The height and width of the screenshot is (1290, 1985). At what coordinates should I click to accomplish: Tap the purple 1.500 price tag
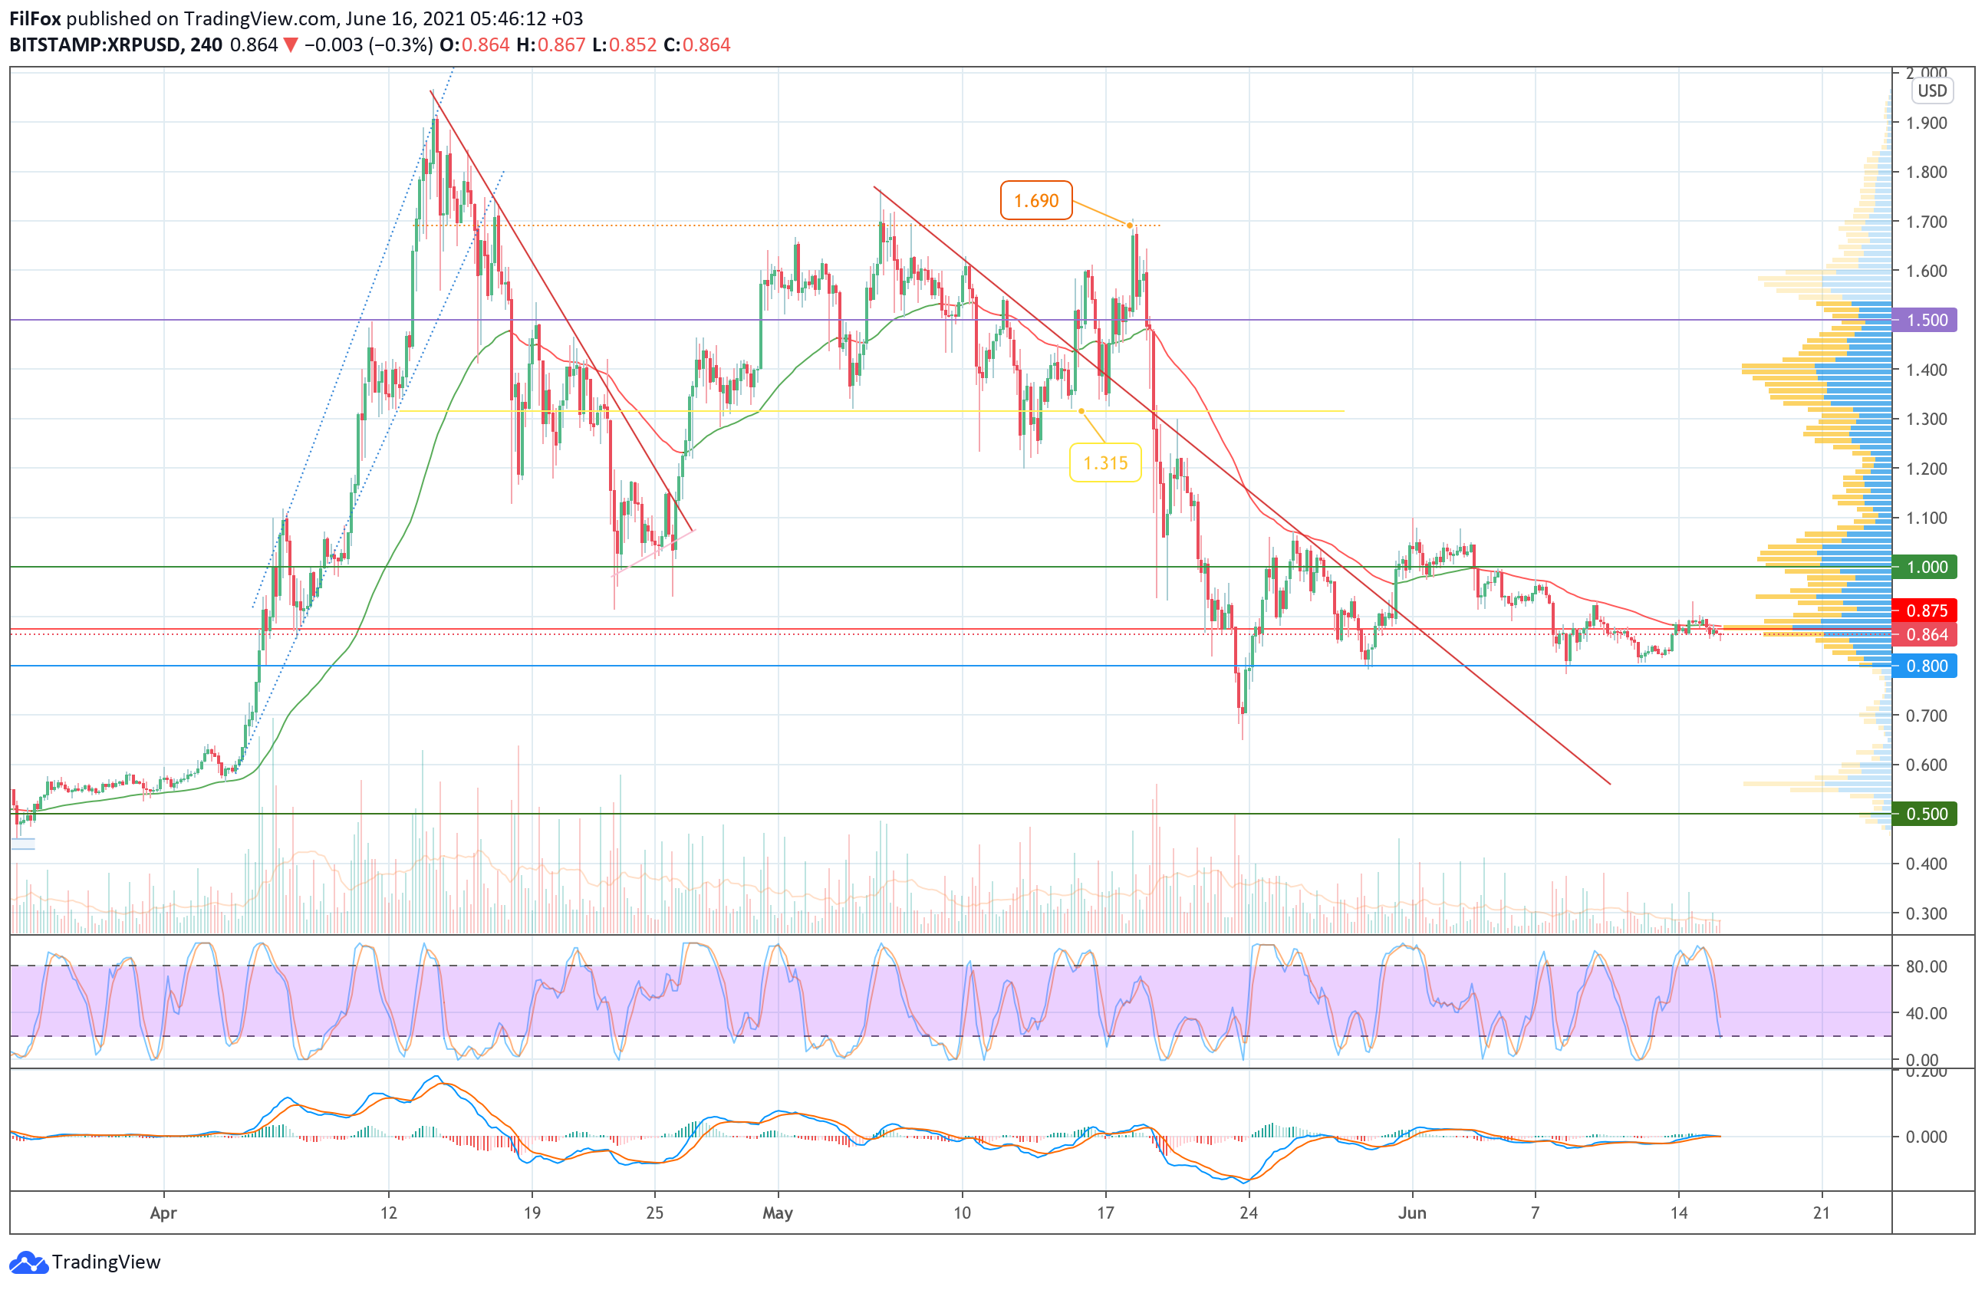(1926, 321)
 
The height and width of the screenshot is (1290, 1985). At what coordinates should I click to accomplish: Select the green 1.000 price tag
(1926, 567)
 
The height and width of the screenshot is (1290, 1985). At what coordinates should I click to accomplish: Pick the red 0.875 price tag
(1926, 610)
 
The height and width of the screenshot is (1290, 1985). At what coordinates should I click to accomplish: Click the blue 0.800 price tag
(1926, 666)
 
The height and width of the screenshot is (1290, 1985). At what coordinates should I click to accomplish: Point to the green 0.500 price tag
(1926, 814)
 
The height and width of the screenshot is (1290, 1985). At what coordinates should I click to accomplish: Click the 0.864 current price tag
(1926, 634)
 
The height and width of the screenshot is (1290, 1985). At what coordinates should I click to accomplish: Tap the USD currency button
(1931, 91)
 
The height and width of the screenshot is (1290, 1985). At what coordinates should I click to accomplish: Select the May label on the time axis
(777, 1213)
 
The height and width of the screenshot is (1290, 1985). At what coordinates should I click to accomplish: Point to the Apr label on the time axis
(163, 1213)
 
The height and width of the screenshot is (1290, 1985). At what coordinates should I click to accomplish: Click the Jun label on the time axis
(1412, 1213)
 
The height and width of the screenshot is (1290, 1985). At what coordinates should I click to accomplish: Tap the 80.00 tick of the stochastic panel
(1926, 966)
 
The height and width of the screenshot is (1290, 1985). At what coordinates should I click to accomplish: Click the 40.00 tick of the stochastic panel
(1926, 1013)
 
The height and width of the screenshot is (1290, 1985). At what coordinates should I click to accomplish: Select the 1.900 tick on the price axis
(1926, 123)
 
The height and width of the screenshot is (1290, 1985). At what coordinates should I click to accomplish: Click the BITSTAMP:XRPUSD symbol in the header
(94, 45)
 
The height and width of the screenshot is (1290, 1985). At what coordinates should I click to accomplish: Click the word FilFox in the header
(35, 18)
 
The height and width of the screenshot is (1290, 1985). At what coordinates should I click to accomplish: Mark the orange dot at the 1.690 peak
(1130, 225)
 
